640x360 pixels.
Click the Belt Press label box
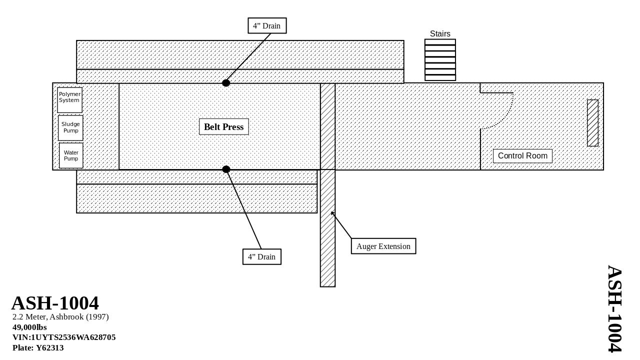pyautogui.click(x=224, y=127)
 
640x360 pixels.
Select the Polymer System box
pyautogui.click(x=69, y=100)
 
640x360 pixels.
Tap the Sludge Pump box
pyautogui.click(x=70, y=128)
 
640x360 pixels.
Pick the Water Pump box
pyautogui.click(x=71, y=155)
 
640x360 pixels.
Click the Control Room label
pyautogui.click(x=522, y=156)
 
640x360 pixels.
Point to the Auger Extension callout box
pyautogui.click(x=383, y=246)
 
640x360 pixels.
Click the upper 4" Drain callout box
pyautogui.click(x=267, y=25)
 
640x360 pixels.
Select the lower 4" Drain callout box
pyautogui.click(x=262, y=256)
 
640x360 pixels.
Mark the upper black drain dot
pyautogui.click(x=226, y=83)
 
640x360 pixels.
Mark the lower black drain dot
pyautogui.click(x=226, y=169)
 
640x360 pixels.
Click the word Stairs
pyautogui.click(x=440, y=33)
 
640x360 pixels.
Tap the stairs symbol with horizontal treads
pyautogui.click(x=440, y=60)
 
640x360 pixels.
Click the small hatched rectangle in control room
pyautogui.click(x=592, y=123)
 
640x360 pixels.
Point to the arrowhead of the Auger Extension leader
pyautogui.click(x=332, y=213)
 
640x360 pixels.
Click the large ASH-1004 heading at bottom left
pyautogui.click(x=55, y=303)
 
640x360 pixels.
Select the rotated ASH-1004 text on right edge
pyautogui.click(x=614, y=308)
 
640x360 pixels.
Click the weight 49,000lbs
pyautogui.click(x=29, y=327)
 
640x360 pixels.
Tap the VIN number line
pyautogui.click(x=64, y=337)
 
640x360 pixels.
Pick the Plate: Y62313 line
pyautogui.click(x=38, y=348)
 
